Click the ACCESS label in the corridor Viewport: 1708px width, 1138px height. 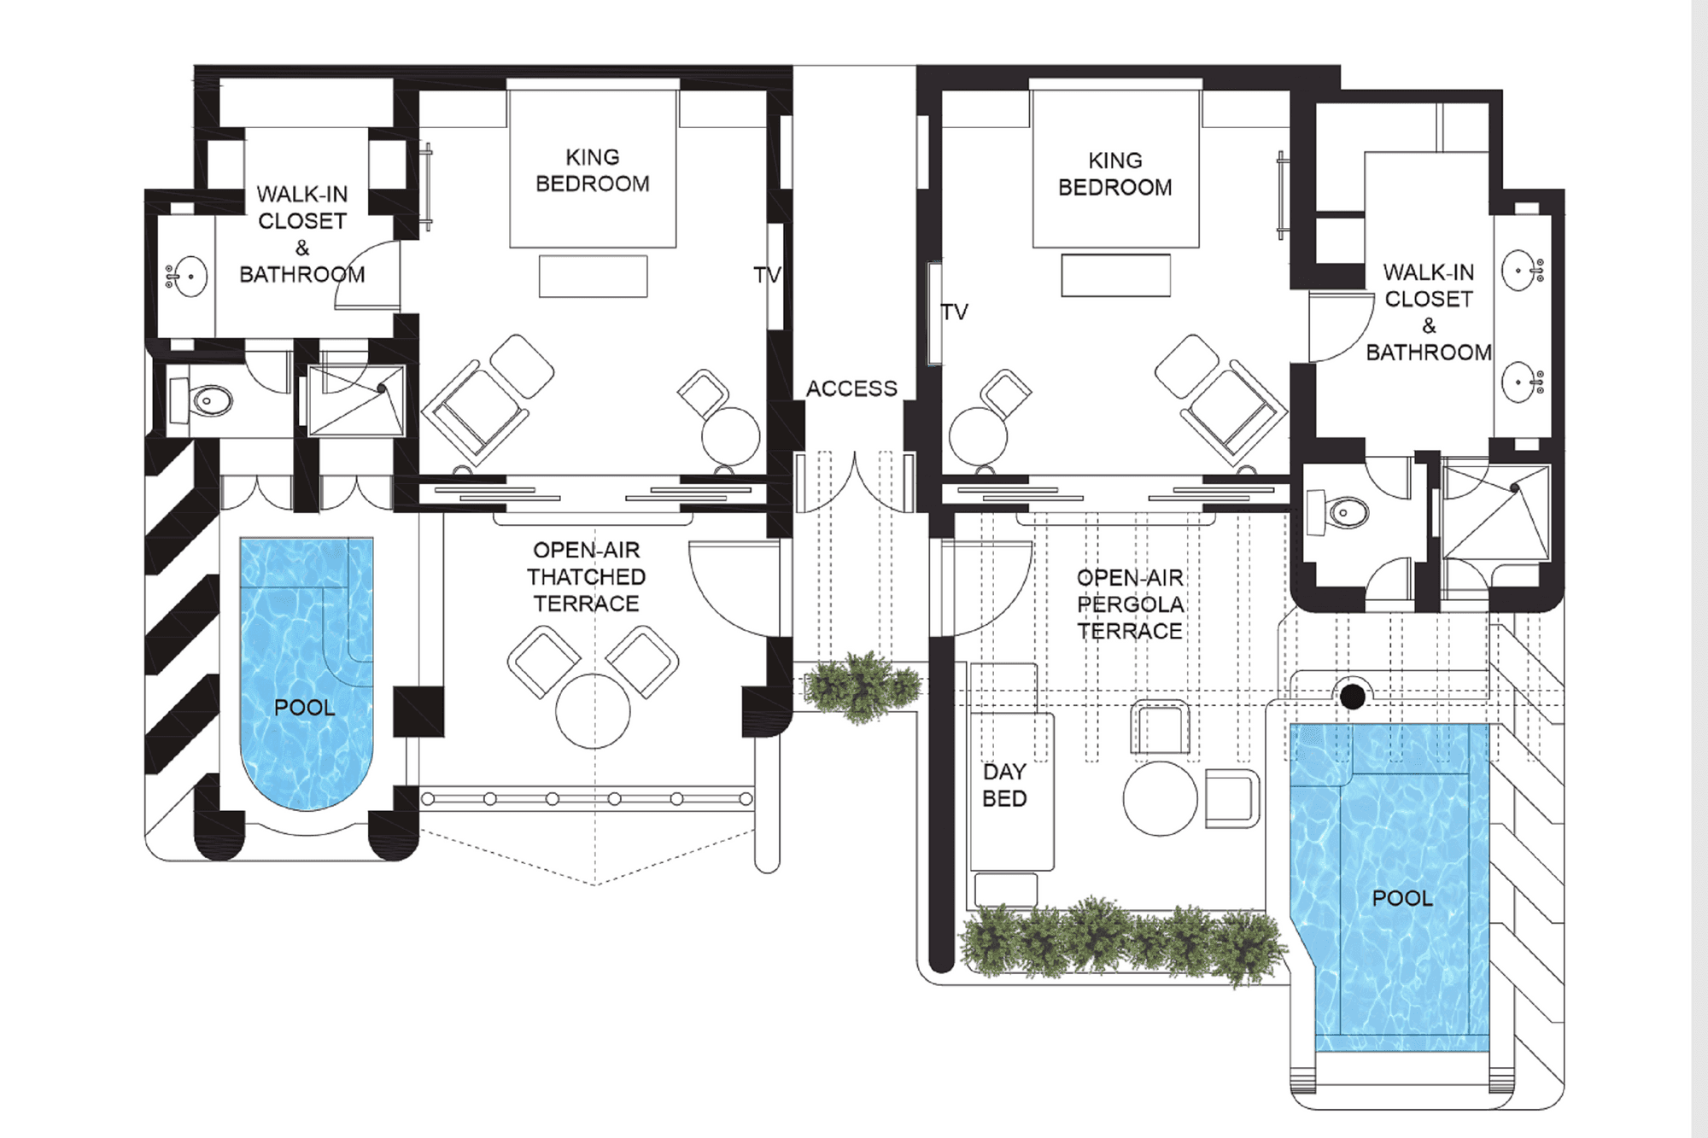click(x=851, y=388)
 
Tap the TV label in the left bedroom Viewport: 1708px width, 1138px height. click(x=767, y=275)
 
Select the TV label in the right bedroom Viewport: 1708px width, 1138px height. click(x=955, y=312)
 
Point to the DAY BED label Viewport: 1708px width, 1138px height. click(x=1004, y=785)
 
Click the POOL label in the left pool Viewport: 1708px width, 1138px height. click(x=304, y=708)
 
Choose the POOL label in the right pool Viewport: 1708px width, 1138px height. click(x=1402, y=898)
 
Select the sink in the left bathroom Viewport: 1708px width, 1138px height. click(x=190, y=277)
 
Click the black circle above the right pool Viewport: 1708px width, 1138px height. click(x=1353, y=697)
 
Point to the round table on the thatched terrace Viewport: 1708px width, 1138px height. click(x=593, y=711)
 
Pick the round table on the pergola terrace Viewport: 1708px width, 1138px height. click(x=1160, y=798)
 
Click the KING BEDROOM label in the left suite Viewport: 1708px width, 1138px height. click(x=593, y=171)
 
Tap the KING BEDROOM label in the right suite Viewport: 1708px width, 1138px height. click(x=1115, y=174)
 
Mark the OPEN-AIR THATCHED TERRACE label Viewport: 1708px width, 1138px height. click(x=586, y=577)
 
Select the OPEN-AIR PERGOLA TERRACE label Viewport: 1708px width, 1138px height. click(x=1131, y=604)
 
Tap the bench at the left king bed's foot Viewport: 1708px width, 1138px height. click(x=593, y=277)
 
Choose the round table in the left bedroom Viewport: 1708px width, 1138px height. click(x=731, y=436)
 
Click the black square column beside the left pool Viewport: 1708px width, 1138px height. click(x=418, y=711)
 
